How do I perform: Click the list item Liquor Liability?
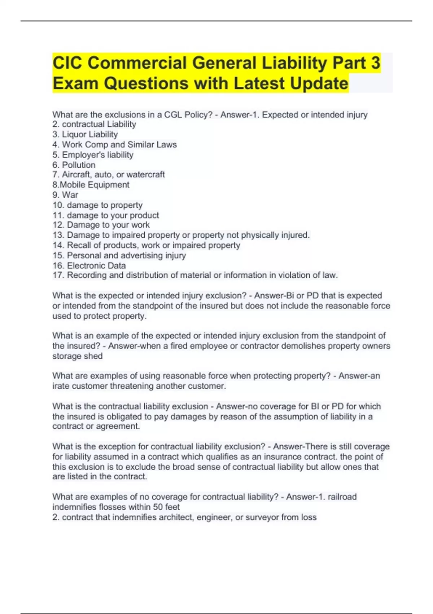coord(89,134)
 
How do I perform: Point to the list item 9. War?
coord(65,195)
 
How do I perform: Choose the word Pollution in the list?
coord(79,165)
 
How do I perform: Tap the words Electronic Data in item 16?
coord(96,265)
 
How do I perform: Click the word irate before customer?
coord(61,386)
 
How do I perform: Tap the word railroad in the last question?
coord(342,497)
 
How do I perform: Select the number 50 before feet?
coord(158,507)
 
